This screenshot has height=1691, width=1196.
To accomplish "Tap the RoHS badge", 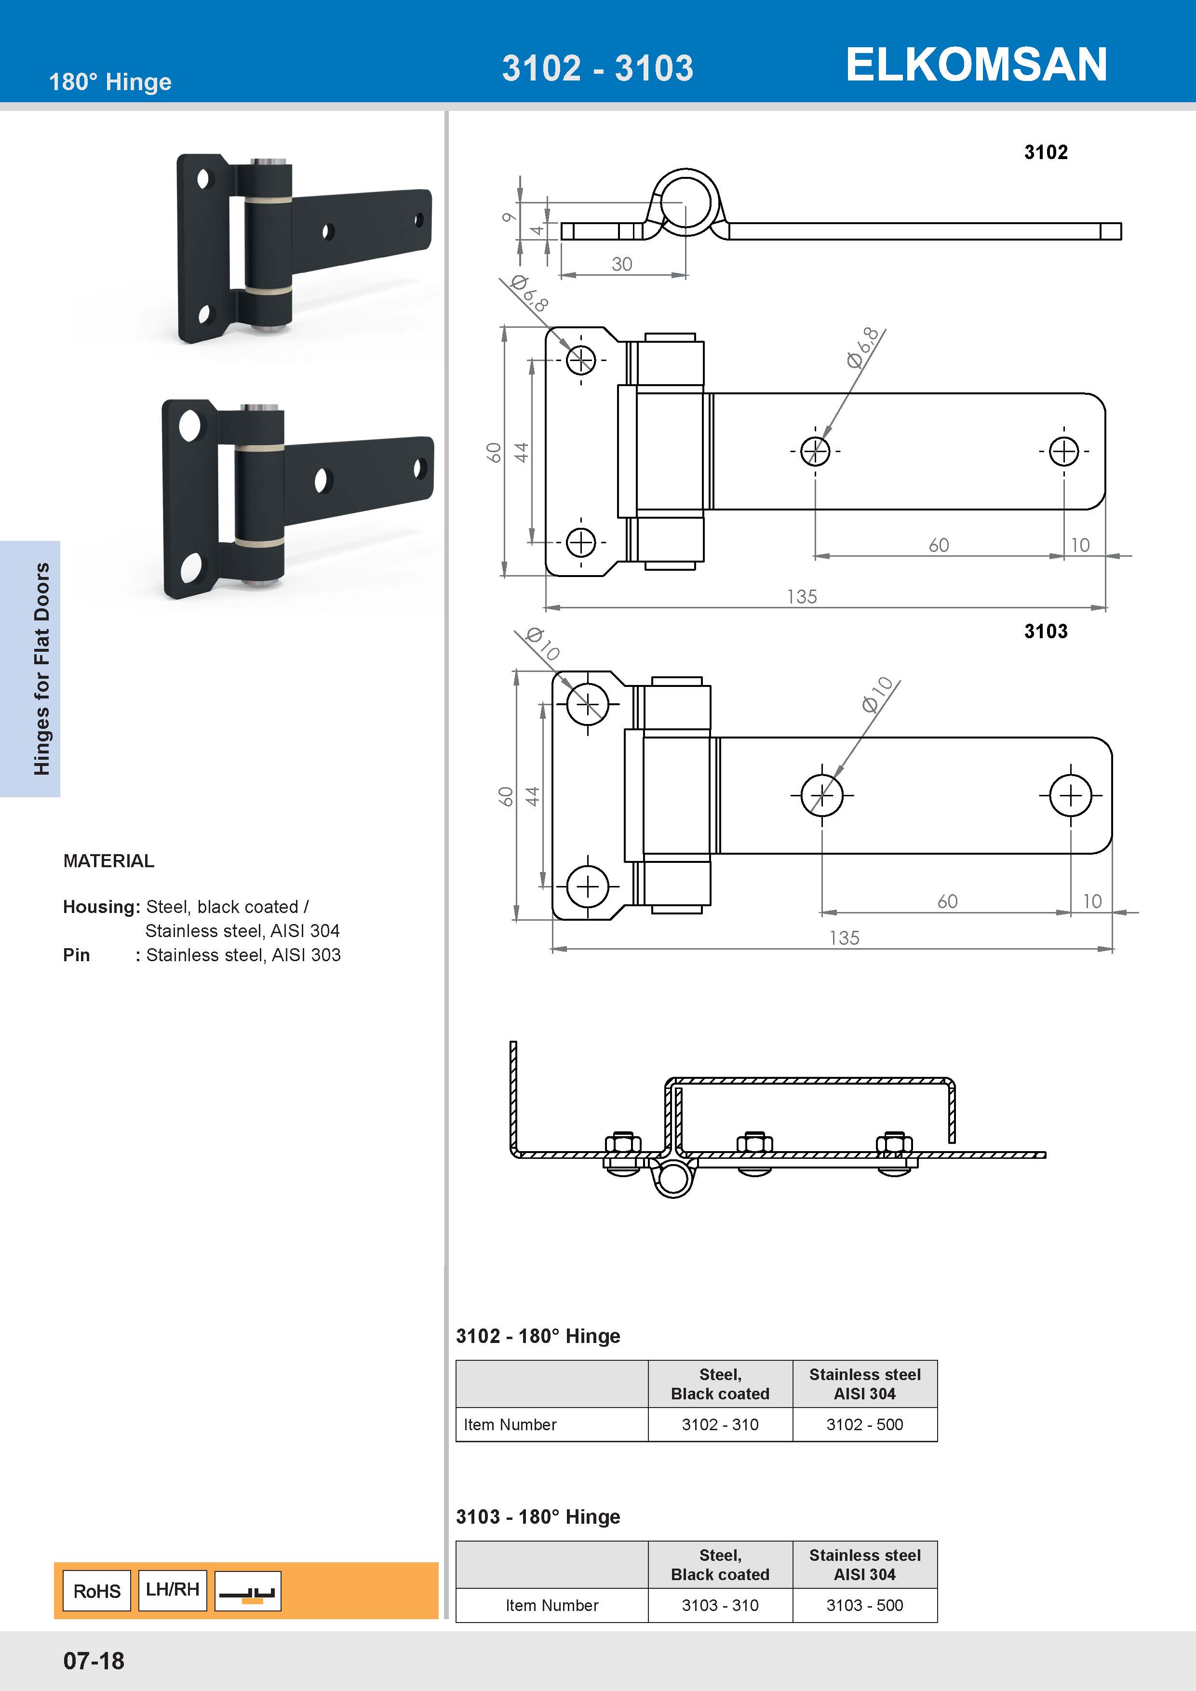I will [x=96, y=1591].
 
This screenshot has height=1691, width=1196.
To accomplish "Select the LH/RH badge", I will [x=172, y=1589].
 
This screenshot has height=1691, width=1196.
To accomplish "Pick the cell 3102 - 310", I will [x=720, y=1424].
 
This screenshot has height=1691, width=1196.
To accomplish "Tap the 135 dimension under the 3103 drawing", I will [x=844, y=938].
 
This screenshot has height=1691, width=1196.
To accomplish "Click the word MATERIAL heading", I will [x=109, y=861].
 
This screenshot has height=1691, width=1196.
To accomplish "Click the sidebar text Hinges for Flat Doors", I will [x=42, y=669].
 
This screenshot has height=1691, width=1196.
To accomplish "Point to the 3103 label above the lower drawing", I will [x=1045, y=631].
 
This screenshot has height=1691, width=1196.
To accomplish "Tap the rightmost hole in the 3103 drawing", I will [x=1070, y=795].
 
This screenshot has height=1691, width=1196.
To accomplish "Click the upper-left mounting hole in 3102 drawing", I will [x=581, y=360].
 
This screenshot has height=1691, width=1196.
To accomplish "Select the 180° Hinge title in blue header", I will [x=110, y=82].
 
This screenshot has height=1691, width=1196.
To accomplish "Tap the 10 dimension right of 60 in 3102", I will [x=1080, y=545].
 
